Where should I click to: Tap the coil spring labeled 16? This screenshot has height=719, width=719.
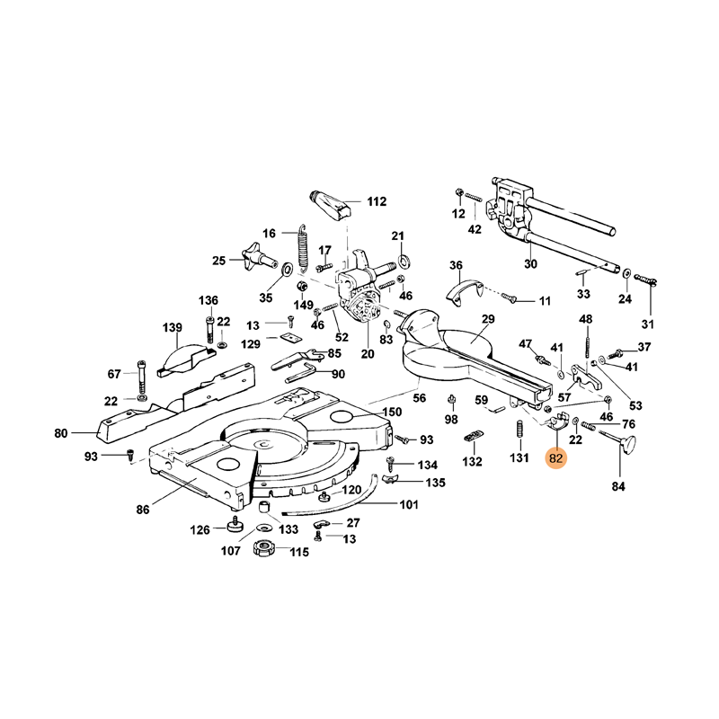pos(303,247)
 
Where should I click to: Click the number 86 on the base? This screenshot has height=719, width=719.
pos(142,510)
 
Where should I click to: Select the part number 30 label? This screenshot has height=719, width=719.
pos(530,264)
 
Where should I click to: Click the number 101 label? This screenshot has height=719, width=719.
pos(409,505)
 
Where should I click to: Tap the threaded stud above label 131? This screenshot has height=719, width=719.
pos(519,429)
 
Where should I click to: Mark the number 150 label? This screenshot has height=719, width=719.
pos(392,412)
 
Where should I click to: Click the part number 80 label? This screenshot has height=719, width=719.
pos(61,434)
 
